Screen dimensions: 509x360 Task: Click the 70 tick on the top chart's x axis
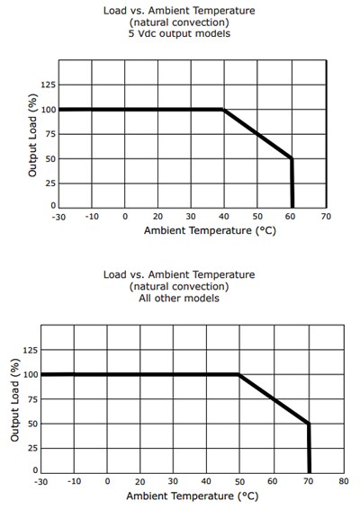click(325, 218)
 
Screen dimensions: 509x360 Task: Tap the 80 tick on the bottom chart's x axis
click(342, 482)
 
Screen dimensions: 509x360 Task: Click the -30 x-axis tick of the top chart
click(59, 218)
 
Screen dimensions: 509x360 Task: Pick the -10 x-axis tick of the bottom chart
click(74, 482)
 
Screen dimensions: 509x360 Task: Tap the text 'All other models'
click(180, 299)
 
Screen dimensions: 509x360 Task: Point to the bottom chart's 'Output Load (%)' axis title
click(15, 414)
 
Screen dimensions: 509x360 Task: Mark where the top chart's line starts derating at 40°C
click(224, 110)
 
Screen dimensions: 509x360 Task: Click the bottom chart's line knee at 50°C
click(239, 374)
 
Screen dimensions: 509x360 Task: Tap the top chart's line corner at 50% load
click(292, 158)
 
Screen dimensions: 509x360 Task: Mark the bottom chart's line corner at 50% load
click(309, 423)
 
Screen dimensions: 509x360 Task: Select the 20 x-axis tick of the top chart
click(158, 218)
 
